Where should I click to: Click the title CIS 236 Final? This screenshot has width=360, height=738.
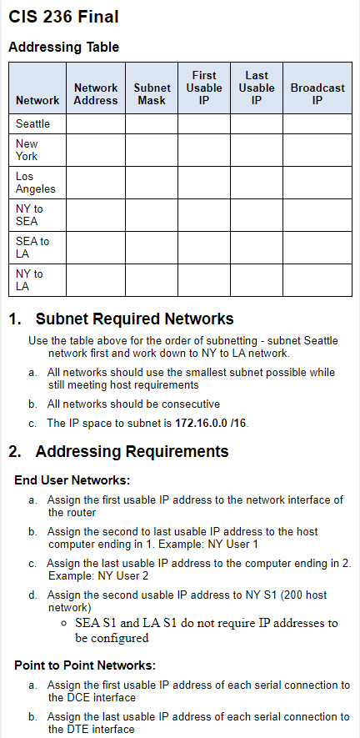pyautogui.click(x=63, y=17)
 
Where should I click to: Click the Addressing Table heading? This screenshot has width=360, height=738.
pyautogui.click(x=63, y=48)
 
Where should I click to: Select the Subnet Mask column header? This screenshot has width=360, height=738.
pyautogui.click(x=152, y=93)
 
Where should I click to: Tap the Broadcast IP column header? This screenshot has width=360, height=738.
pyautogui.click(x=317, y=93)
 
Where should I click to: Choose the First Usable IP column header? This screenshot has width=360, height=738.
pyautogui.click(x=204, y=88)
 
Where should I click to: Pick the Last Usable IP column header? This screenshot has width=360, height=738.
pyautogui.click(x=256, y=88)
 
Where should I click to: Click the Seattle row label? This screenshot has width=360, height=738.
pyautogui.click(x=33, y=123)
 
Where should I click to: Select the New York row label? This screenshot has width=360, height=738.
pyautogui.click(x=27, y=150)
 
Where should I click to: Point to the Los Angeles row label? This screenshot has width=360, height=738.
pyautogui.click(x=36, y=183)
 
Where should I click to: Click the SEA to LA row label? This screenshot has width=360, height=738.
pyautogui.click(x=32, y=248)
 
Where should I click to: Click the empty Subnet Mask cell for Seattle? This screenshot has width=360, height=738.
pyautogui.click(x=152, y=123)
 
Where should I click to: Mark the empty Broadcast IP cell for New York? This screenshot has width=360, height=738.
pyautogui.click(x=317, y=150)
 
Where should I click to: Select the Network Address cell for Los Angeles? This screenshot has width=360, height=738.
pyautogui.click(x=96, y=183)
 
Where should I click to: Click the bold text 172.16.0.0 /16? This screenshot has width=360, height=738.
pyautogui.click(x=212, y=423)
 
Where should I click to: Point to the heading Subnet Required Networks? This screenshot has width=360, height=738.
pyautogui.click(x=135, y=319)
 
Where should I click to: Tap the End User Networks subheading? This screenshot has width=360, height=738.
pyautogui.click(x=72, y=480)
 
